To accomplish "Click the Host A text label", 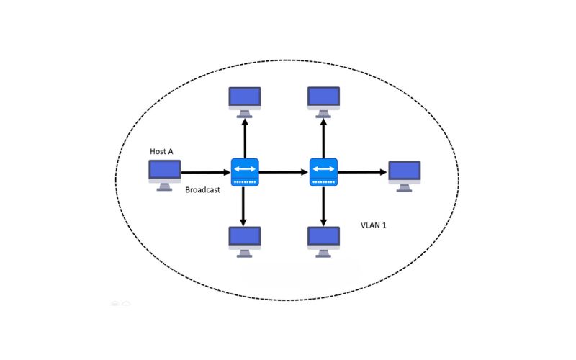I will [x=161, y=151].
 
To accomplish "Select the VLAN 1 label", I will [x=374, y=225].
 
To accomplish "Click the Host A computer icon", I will [x=164, y=174].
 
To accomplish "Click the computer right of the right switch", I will [x=404, y=174].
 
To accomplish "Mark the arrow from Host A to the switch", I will [x=206, y=173].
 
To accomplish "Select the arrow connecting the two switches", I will [x=284, y=172].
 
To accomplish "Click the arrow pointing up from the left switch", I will [x=245, y=137].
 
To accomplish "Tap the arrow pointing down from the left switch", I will [x=245, y=207].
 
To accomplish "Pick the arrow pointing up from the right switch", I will [x=324, y=137].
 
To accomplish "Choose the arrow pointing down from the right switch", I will [x=324, y=207].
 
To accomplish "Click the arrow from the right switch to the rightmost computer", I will [x=362, y=172].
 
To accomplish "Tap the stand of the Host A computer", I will [x=164, y=186].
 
